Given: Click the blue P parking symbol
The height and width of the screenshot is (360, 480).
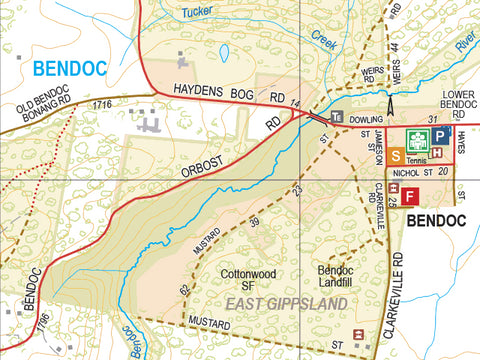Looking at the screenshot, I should click(441, 135).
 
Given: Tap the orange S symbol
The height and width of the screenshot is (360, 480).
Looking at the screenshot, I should click(396, 155).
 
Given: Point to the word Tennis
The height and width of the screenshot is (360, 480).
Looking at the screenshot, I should click(417, 161).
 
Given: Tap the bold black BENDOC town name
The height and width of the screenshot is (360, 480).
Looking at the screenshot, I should click(440, 219).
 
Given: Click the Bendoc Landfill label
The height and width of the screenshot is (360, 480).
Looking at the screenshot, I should click(336, 278).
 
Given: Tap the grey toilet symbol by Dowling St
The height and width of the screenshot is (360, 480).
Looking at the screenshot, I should click(337, 117).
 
